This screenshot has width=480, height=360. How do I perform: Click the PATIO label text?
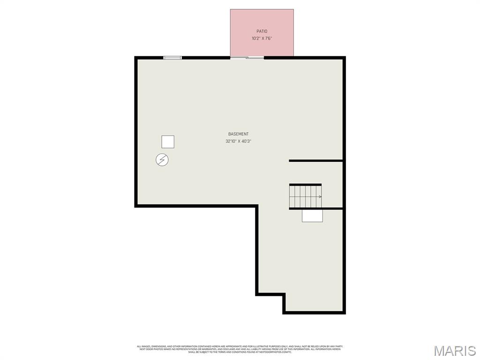(262, 31)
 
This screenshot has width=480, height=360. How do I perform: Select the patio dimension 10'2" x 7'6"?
(262, 38)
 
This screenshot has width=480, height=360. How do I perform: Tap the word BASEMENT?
(238, 134)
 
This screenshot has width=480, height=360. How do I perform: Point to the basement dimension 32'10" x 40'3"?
(238, 141)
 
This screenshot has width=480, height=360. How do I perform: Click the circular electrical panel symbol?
(162, 160)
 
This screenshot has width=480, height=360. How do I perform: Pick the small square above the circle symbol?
(168, 142)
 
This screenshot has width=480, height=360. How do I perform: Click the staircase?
(305, 196)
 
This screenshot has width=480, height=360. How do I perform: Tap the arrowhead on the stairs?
(320, 197)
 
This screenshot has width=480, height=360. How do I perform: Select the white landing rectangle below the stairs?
(312, 215)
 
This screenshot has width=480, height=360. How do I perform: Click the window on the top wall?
(172, 58)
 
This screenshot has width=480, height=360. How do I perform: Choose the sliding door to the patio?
(247, 58)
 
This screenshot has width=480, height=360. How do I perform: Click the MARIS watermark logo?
(454, 351)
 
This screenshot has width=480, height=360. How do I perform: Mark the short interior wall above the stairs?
(315, 161)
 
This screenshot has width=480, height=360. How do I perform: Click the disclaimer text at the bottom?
(240, 349)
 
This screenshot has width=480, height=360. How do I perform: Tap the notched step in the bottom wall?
(271, 295)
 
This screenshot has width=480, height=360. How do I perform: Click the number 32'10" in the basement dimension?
(230, 141)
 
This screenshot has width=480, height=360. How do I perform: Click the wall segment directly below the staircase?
(315, 209)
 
